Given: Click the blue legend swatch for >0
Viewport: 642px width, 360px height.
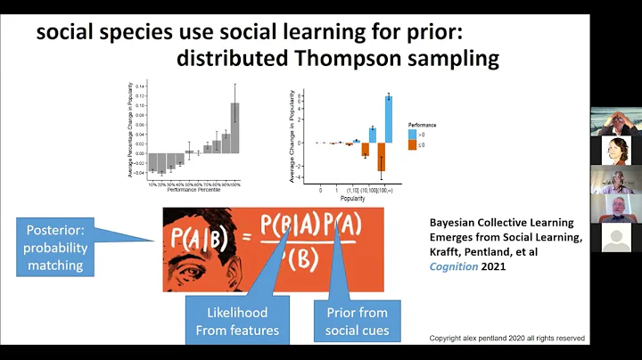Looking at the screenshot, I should point(412,133).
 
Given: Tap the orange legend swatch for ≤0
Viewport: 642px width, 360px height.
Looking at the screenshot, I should point(412,144).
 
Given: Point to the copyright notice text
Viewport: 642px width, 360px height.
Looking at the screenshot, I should point(506,339).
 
